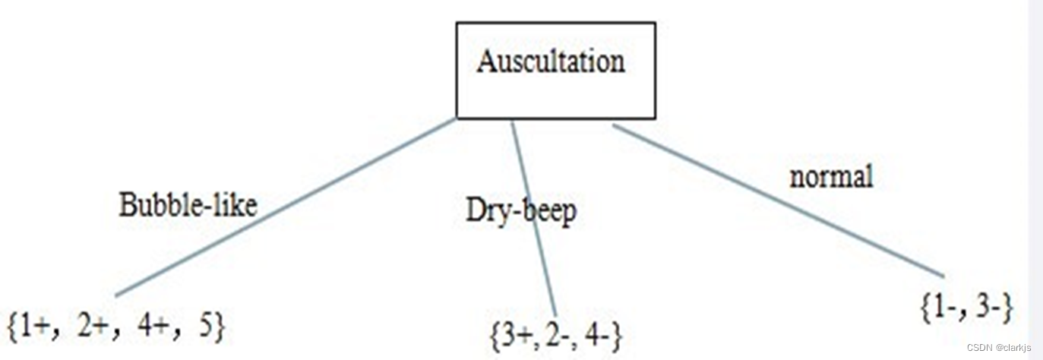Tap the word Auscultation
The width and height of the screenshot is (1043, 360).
[551, 62]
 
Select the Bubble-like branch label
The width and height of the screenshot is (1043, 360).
[188, 205]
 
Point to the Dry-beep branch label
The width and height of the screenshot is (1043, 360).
[521, 211]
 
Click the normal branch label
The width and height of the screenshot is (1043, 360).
[831, 177]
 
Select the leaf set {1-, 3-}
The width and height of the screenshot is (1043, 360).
[966, 308]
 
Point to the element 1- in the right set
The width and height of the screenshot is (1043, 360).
[946, 308]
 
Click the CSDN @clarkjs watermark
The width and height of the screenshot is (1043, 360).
[999, 347]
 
